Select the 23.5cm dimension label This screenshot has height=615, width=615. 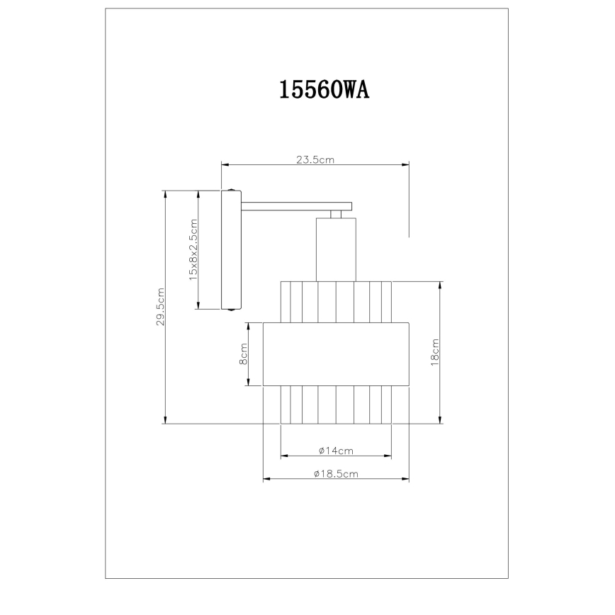click(x=315, y=160)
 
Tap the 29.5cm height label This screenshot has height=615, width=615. click(x=161, y=307)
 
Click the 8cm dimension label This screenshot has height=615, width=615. click(x=243, y=354)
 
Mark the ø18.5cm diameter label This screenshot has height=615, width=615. click(x=336, y=475)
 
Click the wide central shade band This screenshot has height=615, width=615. click(x=336, y=354)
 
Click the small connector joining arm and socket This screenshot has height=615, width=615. click(x=336, y=214)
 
